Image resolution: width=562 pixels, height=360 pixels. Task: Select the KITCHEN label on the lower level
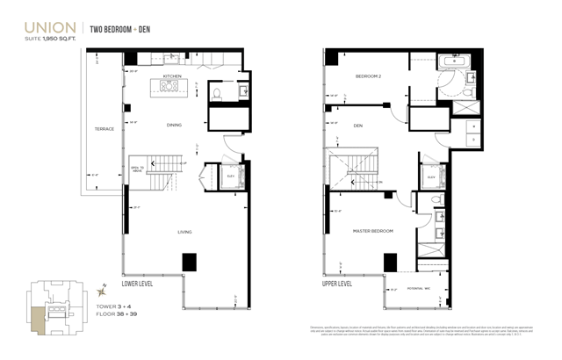[x=172, y=76]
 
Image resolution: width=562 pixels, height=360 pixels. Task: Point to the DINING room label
[x=174, y=125]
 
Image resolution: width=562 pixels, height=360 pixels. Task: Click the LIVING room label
[x=184, y=232]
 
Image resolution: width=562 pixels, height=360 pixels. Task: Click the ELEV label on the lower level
[x=230, y=176]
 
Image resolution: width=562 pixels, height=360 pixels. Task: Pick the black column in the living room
[x=189, y=262]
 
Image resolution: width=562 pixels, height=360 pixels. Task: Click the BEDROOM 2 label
[x=367, y=76]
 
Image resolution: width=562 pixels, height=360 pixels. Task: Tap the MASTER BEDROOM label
[x=373, y=231]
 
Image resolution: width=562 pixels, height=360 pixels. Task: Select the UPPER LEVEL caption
[x=337, y=284]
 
